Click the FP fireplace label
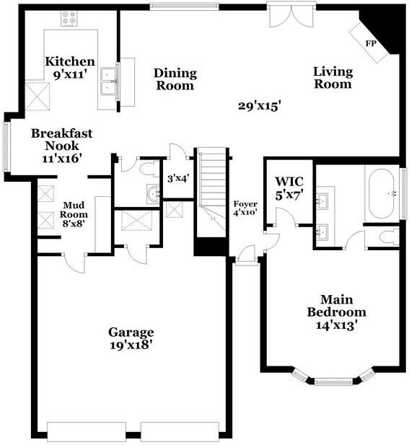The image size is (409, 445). (371, 44)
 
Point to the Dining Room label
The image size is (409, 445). (175, 79)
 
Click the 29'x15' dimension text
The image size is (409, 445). (259, 106)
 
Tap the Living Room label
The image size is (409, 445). (333, 78)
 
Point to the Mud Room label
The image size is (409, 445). (74, 209)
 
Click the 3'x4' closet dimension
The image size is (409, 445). (177, 177)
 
